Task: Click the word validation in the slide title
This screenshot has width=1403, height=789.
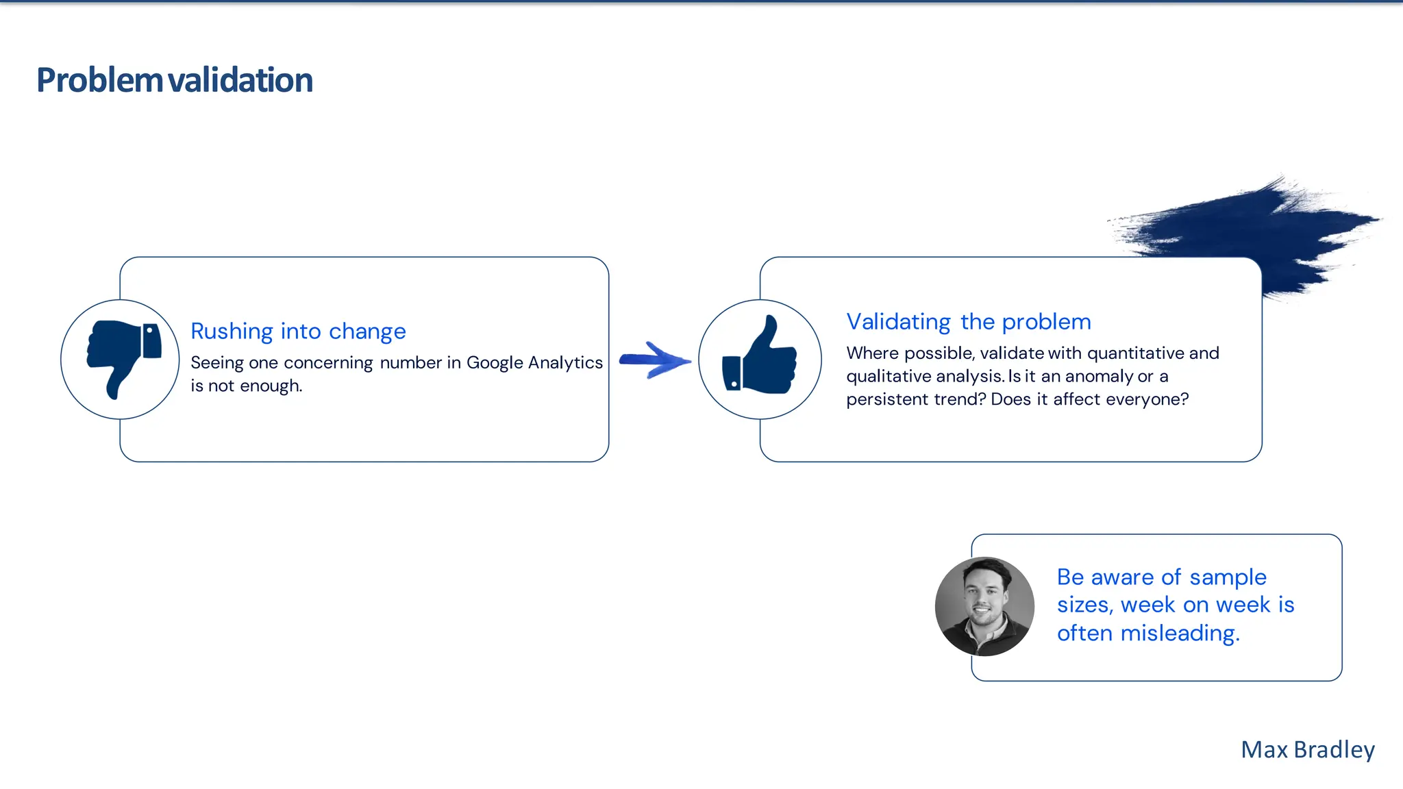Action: point(240,80)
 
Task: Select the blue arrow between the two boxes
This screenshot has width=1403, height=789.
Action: point(655,360)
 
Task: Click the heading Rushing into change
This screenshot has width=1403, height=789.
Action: point(298,331)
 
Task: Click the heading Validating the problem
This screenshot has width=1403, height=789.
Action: point(968,322)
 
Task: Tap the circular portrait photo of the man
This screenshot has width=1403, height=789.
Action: point(984,606)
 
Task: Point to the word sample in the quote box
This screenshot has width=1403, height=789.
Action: point(1228,577)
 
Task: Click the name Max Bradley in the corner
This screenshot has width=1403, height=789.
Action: point(1307,750)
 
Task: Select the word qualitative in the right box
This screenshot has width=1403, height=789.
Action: point(889,377)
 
